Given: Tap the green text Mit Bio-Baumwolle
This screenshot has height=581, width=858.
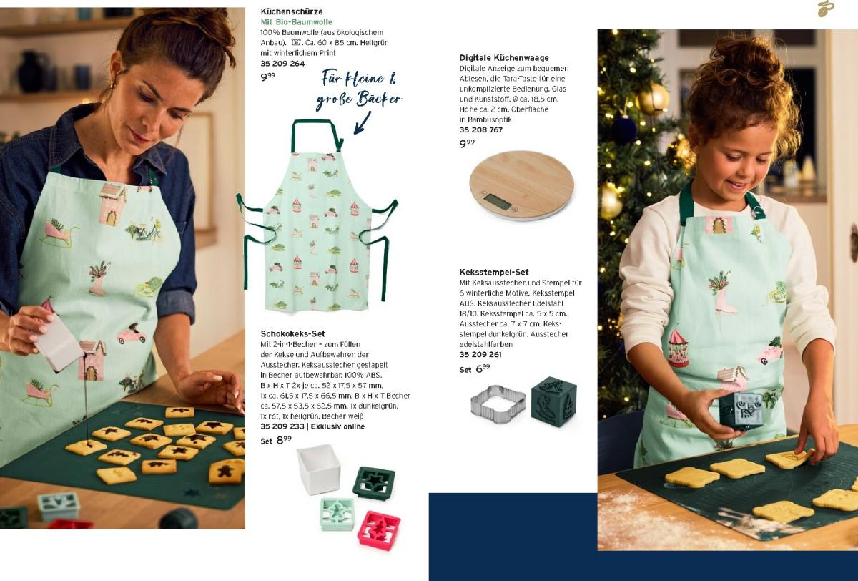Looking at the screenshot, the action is (x=296, y=22).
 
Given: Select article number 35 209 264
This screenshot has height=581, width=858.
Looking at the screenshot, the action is (x=282, y=64).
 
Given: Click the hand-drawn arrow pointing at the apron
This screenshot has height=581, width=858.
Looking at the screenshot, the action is (x=362, y=122).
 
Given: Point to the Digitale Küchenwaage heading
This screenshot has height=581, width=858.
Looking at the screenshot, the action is (x=504, y=58).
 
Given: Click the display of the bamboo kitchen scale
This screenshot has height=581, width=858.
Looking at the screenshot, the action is (x=498, y=201).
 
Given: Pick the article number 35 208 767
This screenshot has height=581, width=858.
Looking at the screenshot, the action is (x=481, y=130).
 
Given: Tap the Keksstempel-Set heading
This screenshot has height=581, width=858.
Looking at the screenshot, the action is (x=494, y=272).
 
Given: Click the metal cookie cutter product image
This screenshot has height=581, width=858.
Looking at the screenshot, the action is (x=498, y=404).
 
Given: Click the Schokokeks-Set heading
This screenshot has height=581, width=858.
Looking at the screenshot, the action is (x=292, y=333).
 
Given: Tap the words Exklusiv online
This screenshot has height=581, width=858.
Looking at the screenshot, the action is (x=337, y=426).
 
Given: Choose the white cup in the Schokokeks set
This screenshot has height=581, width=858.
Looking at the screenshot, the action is (x=319, y=469).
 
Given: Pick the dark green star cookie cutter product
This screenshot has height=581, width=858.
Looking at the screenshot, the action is (x=373, y=482).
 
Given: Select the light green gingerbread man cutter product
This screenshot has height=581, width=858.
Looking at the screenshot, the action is (x=337, y=514).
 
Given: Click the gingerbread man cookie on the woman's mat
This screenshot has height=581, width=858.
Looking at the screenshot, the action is (x=226, y=472).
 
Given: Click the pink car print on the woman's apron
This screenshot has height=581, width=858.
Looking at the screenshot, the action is (x=132, y=334).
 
